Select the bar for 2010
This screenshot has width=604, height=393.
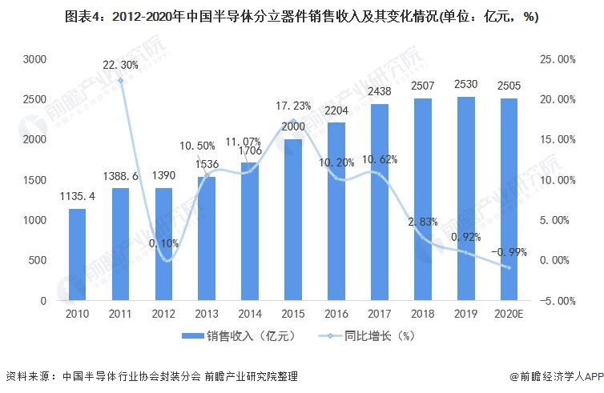[77, 255]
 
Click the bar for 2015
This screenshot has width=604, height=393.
[293, 220]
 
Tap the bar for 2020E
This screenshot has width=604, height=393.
[509, 200]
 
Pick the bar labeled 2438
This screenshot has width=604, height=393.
[380, 203]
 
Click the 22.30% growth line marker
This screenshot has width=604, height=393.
[120, 80]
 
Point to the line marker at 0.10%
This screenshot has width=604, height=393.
[163, 259]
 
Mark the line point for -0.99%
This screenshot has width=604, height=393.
[509, 267]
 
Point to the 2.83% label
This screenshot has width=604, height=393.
[424, 222]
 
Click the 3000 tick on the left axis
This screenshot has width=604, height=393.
[34, 59]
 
